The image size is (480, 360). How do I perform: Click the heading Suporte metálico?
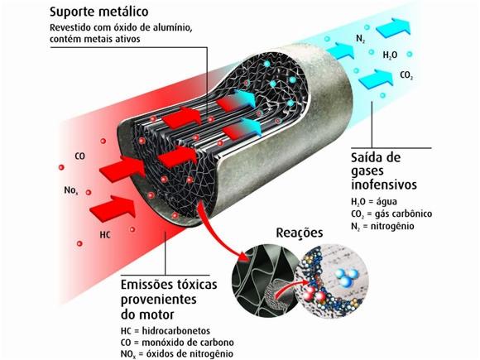98,12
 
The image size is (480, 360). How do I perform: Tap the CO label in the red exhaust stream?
80,156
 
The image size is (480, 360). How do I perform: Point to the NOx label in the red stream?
71,190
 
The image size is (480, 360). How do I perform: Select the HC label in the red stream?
105,235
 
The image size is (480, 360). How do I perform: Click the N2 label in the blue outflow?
361,39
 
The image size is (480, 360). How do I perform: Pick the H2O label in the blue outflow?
391,55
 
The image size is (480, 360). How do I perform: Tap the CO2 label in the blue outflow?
406,75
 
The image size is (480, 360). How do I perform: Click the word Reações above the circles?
300,233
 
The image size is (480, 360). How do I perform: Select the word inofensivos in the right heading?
384,185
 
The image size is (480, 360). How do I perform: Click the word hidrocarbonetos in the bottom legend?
176,331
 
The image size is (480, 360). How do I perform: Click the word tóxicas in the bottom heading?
194,285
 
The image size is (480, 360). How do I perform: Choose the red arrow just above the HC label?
113,207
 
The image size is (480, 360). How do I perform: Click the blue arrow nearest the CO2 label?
376,79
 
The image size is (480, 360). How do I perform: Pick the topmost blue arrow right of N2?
393,27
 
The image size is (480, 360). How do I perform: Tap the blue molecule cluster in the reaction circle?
346,276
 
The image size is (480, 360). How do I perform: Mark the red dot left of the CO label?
61,167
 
